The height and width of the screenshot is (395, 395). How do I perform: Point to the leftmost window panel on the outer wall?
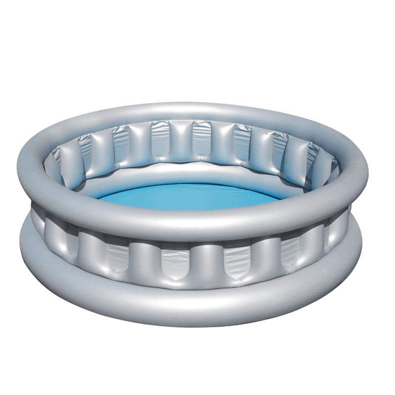click(x=71, y=242)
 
